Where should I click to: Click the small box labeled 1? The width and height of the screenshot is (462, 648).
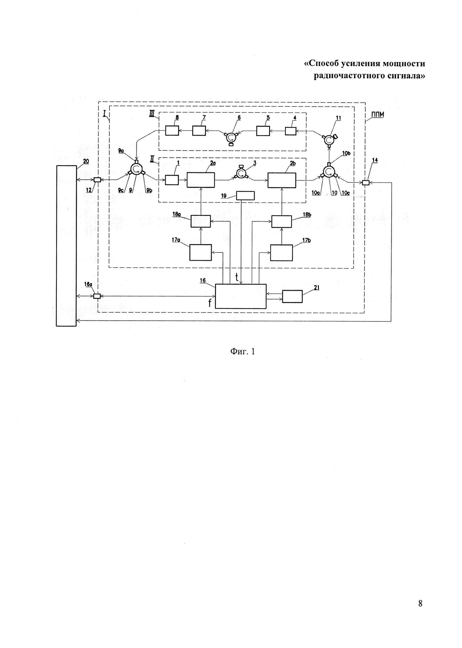click(x=172, y=180)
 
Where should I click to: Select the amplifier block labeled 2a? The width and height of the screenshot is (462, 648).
click(x=201, y=180)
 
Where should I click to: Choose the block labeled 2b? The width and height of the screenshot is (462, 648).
click(x=282, y=180)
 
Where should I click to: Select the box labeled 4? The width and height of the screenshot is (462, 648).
click(x=290, y=131)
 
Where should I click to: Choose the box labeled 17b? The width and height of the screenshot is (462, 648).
click(x=281, y=252)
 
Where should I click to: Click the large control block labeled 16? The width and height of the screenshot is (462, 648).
click(x=241, y=296)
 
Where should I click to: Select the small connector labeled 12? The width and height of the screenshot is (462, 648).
click(x=97, y=180)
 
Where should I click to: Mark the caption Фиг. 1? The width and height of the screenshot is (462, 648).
click(x=242, y=352)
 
